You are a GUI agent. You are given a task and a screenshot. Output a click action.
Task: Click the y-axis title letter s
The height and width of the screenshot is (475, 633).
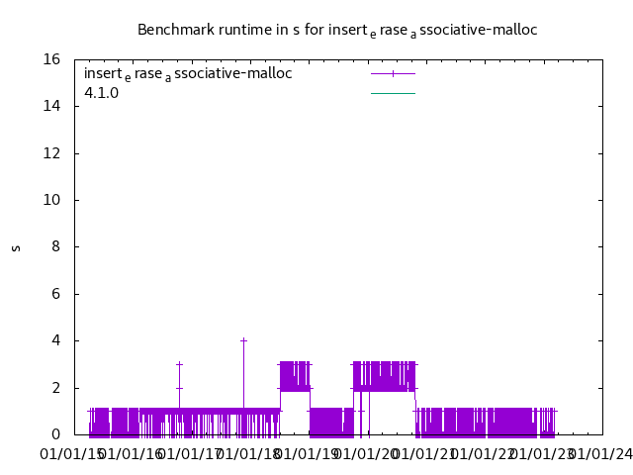point(16,247)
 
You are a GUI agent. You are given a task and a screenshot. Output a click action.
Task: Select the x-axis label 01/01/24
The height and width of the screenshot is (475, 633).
point(599,454)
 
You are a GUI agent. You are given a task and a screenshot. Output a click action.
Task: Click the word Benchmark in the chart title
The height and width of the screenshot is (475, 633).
point(173,30)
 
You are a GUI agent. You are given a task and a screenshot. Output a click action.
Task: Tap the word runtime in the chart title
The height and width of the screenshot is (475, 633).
point(242,30)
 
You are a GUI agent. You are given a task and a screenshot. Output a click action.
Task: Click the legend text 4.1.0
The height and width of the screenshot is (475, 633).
point(101,93)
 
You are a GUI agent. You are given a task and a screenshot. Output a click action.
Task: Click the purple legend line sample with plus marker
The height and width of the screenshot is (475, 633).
point(393,73)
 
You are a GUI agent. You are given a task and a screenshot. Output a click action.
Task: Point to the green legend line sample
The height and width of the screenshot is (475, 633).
point(393,93)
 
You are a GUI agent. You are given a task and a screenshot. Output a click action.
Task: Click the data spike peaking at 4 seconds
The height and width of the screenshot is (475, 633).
point(243,341)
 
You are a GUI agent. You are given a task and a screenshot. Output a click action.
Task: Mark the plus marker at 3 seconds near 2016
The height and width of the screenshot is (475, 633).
point(179,364)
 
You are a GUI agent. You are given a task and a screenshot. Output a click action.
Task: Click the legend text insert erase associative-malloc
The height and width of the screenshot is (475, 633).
point(188,73)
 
